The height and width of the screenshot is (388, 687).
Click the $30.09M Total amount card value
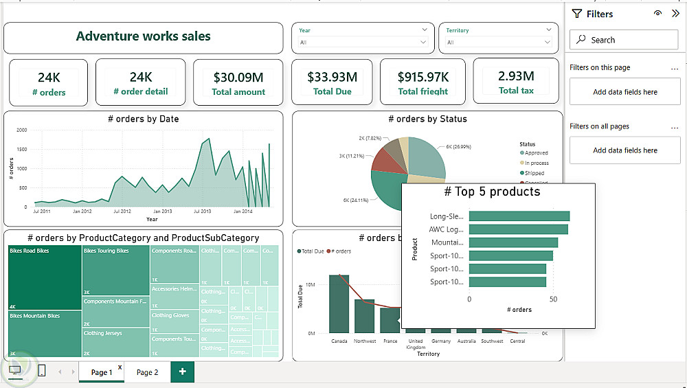pos(238,78)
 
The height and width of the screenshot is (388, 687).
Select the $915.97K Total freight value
pos(423,77)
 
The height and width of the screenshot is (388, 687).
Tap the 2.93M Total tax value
pos(516,76)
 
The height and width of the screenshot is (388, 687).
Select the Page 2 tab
pos(147,372)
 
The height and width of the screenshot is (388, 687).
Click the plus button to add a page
pos(182,372)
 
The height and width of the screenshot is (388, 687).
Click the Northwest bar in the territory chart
pos(364,317)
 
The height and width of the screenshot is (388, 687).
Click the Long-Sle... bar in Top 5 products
pos(519,216)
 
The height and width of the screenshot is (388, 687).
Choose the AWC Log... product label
pos(447,229)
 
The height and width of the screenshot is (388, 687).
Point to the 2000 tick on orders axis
pos(21,130)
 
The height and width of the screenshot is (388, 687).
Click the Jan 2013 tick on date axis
pos(163,212)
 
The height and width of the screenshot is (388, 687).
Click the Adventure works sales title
pos(143,36)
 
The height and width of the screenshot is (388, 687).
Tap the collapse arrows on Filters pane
pos(675,13)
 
